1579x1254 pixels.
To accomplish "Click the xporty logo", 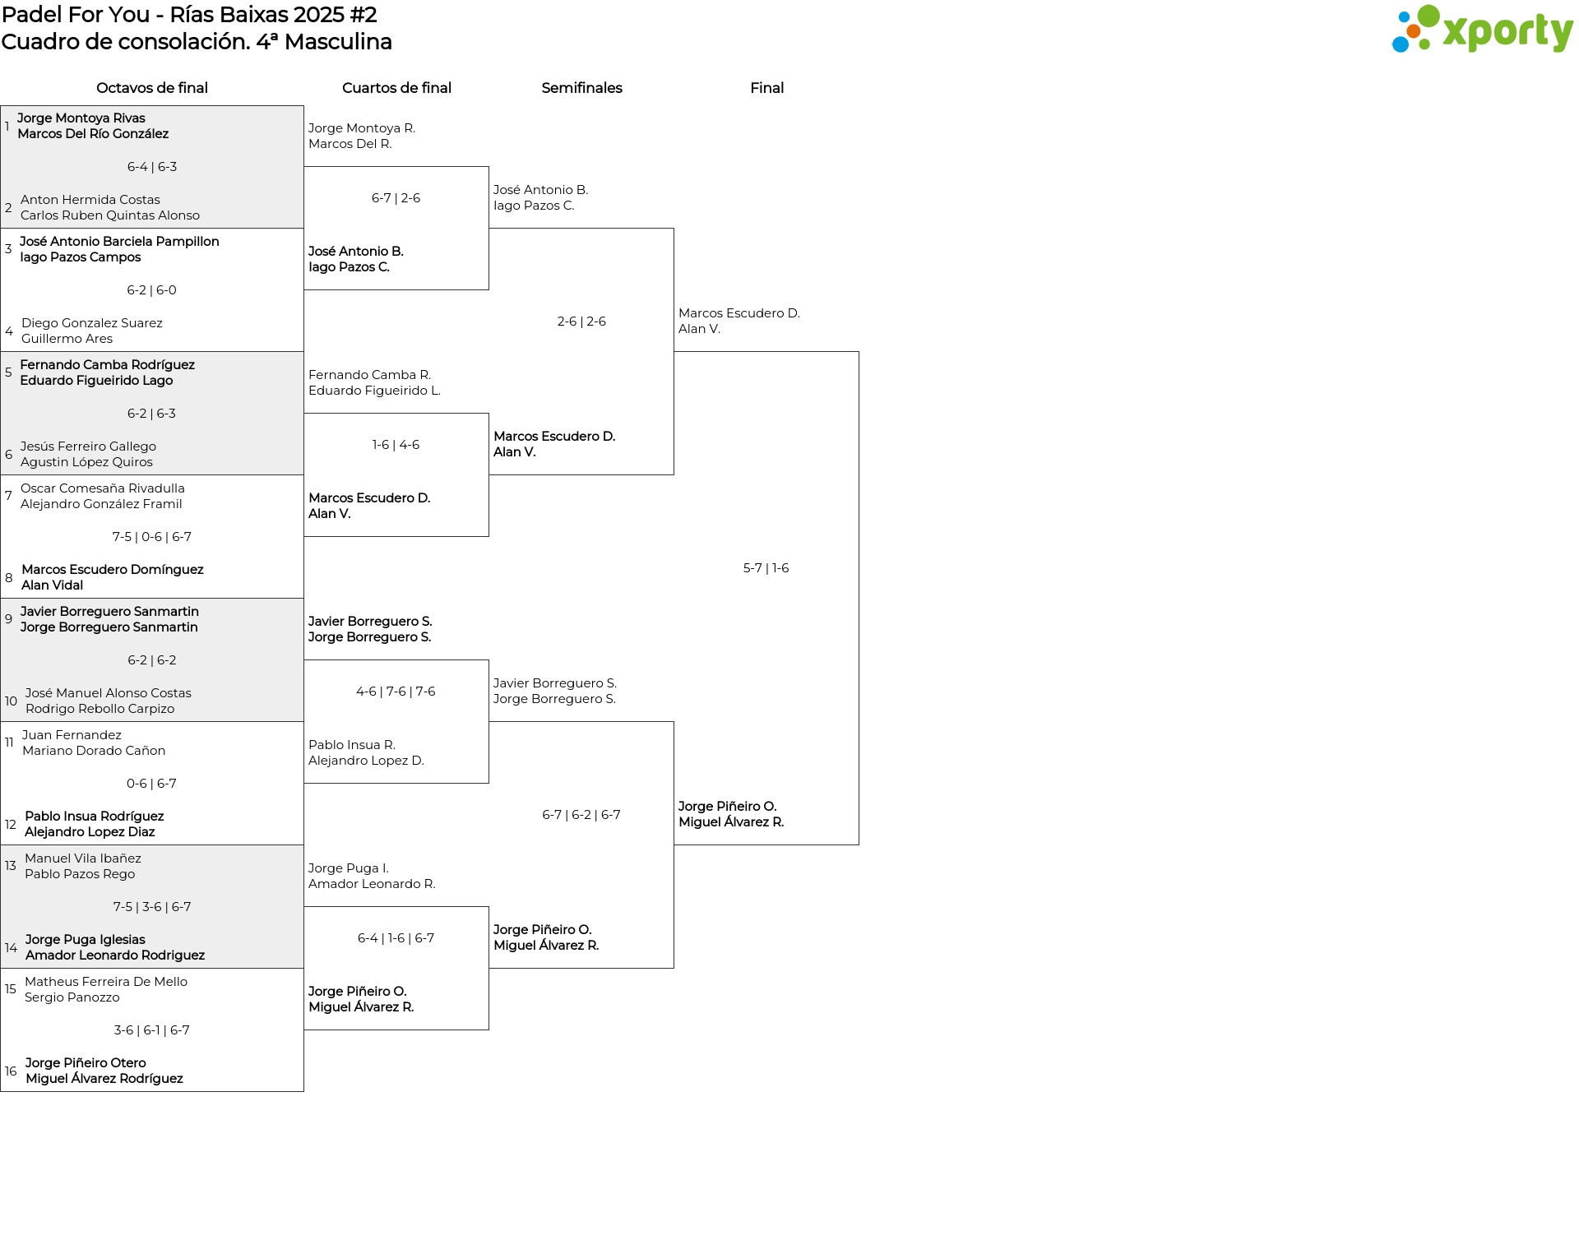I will (1482, 30).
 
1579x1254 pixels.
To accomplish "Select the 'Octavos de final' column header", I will (152, 88).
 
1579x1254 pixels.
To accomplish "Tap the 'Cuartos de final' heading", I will (396, 88).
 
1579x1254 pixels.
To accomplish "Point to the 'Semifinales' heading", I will (581, 88).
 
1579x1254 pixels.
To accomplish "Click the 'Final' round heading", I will (766, 88).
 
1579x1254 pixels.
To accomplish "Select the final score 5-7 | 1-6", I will (766, 568).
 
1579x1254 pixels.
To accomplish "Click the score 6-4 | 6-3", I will (152, 167).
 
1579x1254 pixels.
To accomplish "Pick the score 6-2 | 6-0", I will (151, 290).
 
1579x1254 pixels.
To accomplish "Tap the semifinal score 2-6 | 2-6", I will (581, 322).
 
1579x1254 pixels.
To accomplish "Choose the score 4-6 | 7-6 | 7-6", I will (396, 692).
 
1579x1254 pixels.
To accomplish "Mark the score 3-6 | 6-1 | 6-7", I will (151, 1030).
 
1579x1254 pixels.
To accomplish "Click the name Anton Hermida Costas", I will (90, 200).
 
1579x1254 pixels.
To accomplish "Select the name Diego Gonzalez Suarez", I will (92, 323).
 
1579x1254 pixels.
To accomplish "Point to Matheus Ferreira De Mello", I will (106, 982).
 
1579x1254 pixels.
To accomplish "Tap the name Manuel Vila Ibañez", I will (83, 858).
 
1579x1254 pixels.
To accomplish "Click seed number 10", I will (11, 701).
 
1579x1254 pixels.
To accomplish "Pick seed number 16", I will (11, 1071).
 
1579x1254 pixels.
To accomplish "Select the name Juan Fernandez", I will (72, 735).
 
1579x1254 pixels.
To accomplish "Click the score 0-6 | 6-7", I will (151, 784).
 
